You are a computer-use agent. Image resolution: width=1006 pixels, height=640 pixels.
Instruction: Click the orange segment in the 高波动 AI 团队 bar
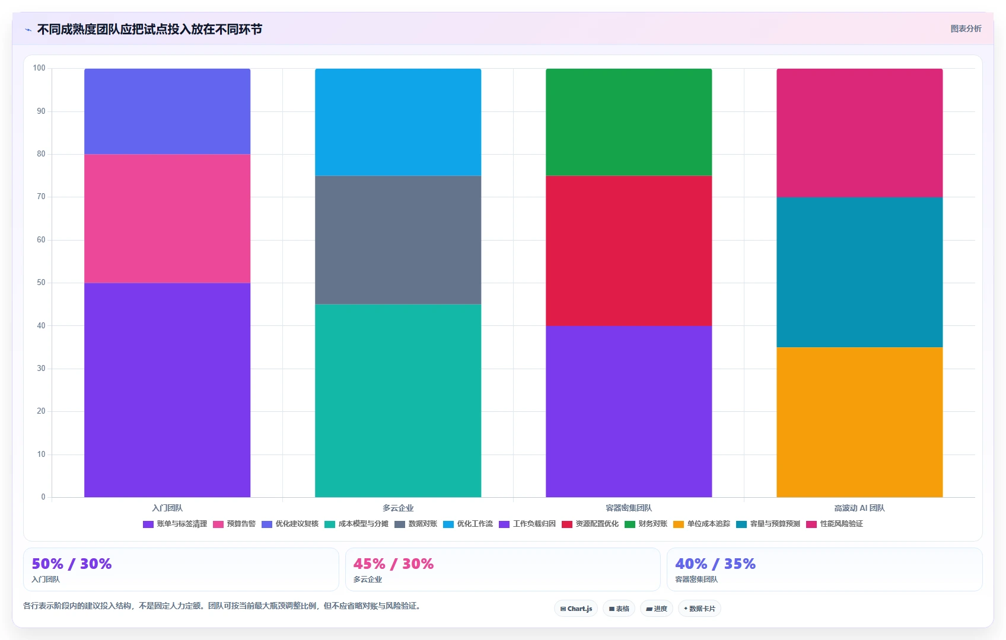tap(859, 422)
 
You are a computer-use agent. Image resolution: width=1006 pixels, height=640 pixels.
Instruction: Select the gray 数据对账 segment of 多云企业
tap(398, 239)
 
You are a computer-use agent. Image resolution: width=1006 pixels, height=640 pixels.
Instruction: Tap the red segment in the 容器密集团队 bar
tap(629, 251)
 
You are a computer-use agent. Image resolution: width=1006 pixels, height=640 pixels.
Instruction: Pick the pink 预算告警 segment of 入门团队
tap(167, 218)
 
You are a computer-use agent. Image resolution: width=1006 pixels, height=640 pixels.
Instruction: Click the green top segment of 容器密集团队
tap(629, 122)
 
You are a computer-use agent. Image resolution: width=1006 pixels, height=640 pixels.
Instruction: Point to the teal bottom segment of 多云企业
tap(398, 401)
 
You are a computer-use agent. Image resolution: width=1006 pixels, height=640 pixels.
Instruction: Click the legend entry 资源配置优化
tap(590, 524)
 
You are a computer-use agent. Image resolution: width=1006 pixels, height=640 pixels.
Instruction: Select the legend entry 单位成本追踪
tap(702, 524)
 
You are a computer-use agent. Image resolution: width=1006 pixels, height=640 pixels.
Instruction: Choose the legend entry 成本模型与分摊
tap(356, 524)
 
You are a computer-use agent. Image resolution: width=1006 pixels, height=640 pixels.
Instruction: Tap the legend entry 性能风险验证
tap(835, 524)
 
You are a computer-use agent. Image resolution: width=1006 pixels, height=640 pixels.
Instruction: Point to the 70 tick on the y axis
tap(42, 197)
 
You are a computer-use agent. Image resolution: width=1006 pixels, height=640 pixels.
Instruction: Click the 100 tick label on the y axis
tap(39, 68)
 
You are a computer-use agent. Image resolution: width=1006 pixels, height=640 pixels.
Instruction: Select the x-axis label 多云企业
tap(398, 508)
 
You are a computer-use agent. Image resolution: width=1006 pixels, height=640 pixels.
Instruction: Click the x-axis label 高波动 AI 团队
tap(859, 508)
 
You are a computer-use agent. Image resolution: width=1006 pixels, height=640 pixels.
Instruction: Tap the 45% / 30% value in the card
tap(393, 564)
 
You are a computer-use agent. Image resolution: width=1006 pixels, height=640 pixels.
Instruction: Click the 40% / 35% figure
tap(715, 564)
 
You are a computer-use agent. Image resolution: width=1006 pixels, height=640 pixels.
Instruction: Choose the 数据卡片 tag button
tap(699, 609)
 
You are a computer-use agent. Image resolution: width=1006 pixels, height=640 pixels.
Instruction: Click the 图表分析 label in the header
tap(966, 28)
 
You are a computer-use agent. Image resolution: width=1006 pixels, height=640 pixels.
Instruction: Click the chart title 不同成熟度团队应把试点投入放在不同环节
tap(149, 30)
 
